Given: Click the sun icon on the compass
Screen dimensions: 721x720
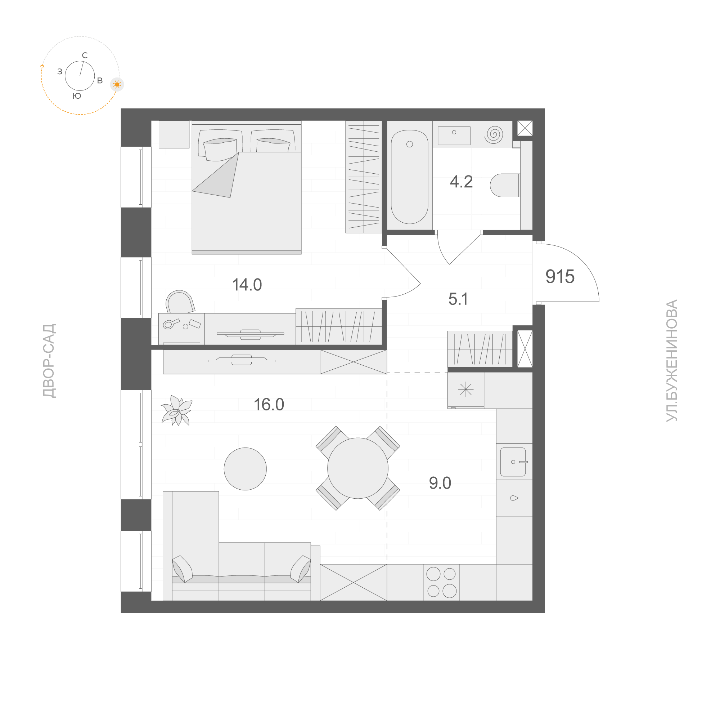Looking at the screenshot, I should (117, 85).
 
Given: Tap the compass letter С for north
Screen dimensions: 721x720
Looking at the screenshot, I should (85, 55).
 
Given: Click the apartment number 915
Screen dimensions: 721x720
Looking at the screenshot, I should (560, 276).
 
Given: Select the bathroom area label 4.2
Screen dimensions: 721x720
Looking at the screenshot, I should (461, 182).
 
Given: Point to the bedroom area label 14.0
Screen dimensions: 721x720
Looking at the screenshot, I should (247, 285).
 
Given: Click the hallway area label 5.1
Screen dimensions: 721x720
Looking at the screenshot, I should (458, 299).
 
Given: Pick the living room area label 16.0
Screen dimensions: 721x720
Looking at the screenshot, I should (269, 405).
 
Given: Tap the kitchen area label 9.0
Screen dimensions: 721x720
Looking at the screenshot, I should (440, 483).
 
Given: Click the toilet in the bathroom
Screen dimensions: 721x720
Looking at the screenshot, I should (505, 185).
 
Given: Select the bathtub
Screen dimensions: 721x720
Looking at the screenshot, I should (409, 177).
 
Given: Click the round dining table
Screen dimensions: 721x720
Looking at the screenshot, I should (357, 468).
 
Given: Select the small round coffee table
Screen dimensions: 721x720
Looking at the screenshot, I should (245, 469).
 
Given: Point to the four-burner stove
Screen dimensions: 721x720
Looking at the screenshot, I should (441, 582).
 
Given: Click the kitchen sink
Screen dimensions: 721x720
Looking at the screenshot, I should (513, 462).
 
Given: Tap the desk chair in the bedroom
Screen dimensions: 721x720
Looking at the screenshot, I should (180, 302).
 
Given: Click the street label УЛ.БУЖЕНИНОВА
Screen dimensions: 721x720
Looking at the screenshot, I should (671, 360).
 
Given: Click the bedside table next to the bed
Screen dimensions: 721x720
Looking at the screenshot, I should (174, 134).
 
